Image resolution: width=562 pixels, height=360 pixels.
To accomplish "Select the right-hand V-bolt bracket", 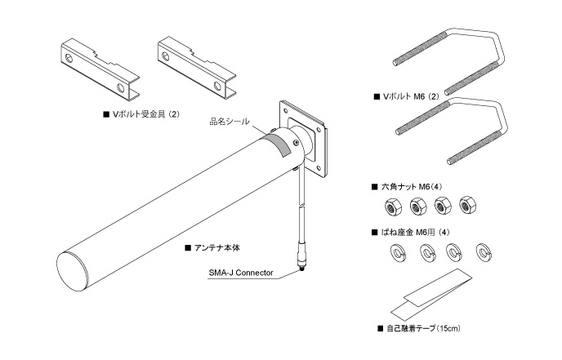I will click(194, 63).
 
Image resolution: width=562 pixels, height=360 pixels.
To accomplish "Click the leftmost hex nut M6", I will click(389, 207).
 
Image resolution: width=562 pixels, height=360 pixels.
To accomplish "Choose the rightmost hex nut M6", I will click(469, 204).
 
